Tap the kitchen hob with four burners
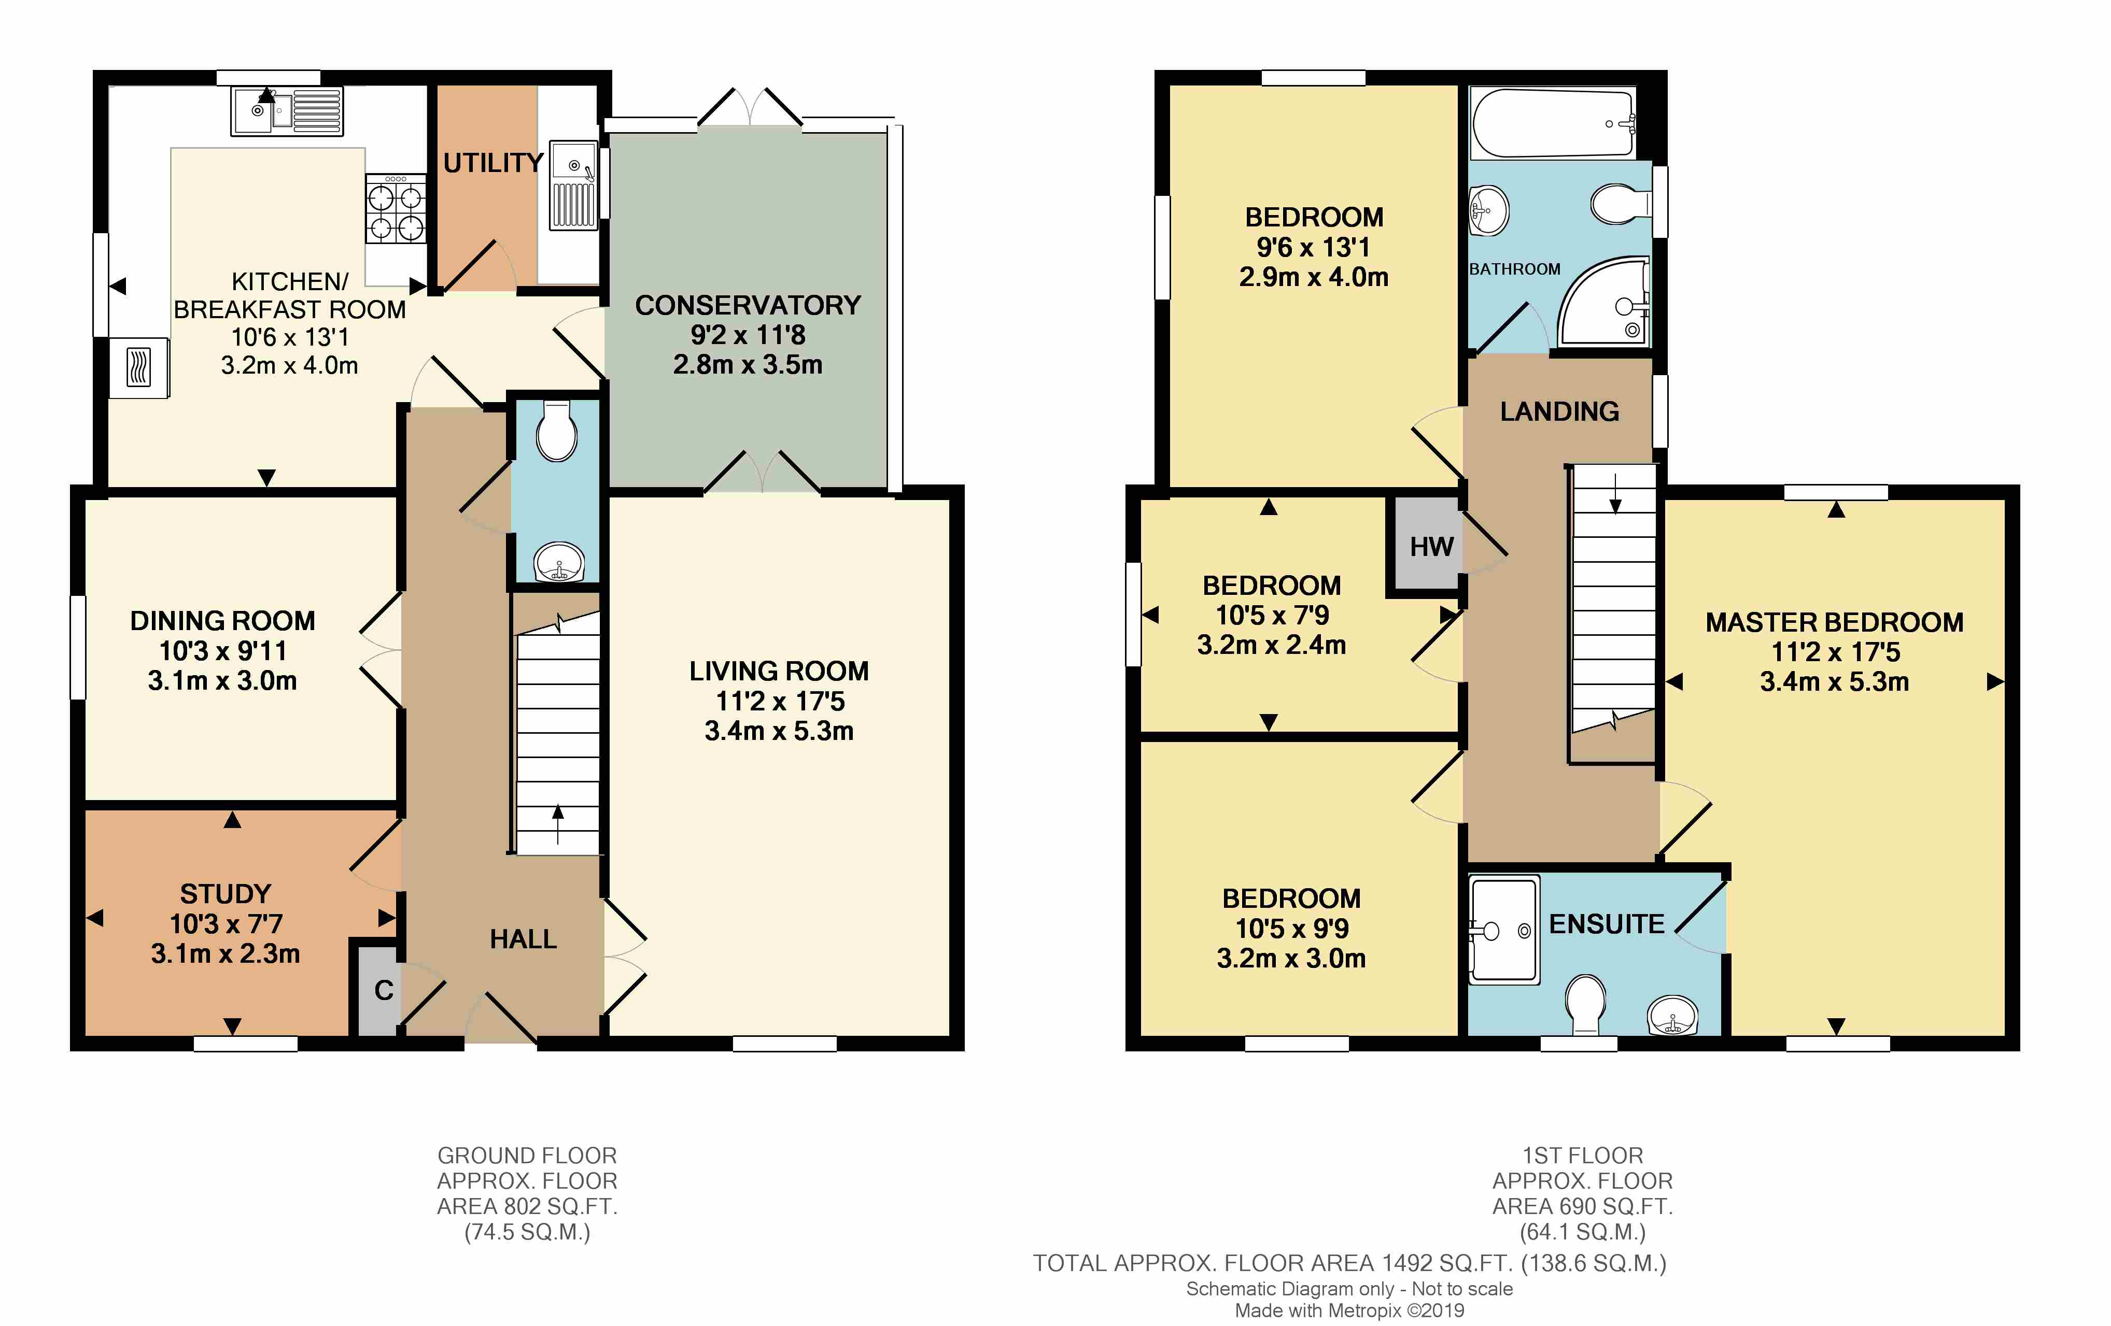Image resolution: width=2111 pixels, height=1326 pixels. coord(396,209)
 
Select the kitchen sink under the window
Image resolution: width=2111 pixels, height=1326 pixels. coord(287,112)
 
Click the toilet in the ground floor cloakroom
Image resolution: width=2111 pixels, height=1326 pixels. coord(557,430)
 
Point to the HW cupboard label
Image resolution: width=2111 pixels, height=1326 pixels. coord(1431,547)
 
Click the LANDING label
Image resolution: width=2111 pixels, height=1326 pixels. coord(1559,411)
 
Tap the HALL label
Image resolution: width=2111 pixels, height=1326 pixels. coord(524,938)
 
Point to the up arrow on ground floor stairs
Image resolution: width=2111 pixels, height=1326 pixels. coord(557,824)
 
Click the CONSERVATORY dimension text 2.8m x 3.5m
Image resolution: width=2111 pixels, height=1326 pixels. coord(748,365)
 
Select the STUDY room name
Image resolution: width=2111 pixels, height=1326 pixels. coord(226,894)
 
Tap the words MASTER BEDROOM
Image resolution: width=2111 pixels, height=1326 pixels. coord(1834,622)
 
